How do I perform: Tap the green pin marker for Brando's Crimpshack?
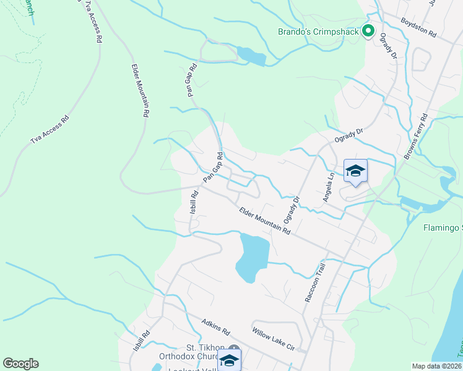[368, 30]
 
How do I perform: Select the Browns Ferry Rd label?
[416, 137]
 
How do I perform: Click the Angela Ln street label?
[328, 186]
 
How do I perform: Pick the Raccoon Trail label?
[314, 283]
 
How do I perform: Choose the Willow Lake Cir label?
[273, 339]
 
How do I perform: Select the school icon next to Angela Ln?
[355, 171]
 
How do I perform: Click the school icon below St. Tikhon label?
[229, 360]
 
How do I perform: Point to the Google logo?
[20, 364]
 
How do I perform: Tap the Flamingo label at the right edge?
[443, 228]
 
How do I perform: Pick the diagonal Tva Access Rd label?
[49, 130]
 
